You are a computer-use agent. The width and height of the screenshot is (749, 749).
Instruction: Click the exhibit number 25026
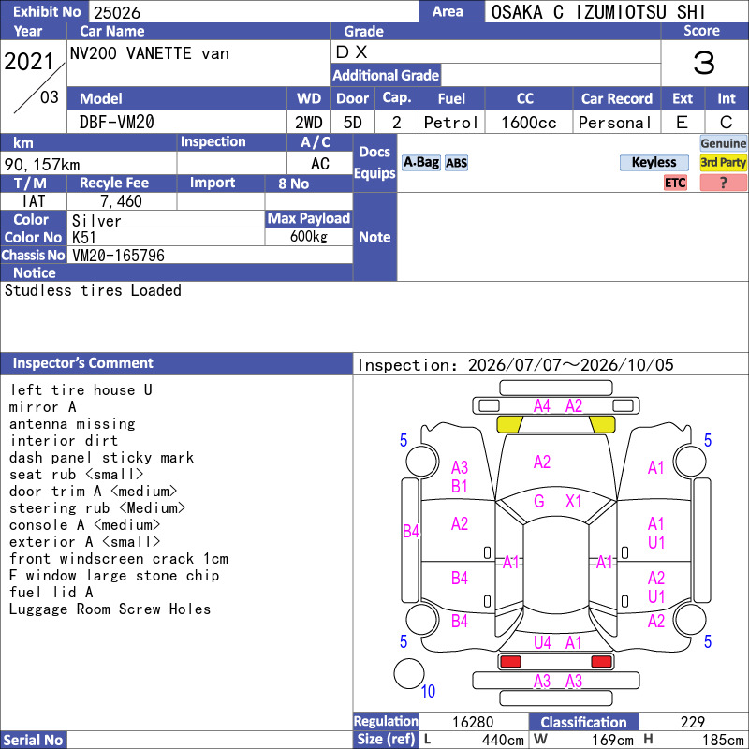tap(117, 12)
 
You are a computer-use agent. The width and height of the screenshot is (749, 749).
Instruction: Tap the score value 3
tap(704, 63)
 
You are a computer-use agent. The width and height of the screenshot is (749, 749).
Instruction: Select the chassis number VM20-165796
tap(118, 256)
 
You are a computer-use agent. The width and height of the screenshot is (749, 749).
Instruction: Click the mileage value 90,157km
tap(42, 165)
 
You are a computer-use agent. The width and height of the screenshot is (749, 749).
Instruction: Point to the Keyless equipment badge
tap(654, 162)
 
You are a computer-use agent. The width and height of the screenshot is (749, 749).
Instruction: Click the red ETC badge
tap(675, 183)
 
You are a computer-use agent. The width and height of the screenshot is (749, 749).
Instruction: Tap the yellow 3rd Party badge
tap(723, 162)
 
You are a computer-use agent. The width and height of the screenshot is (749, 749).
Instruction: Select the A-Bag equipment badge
tap(420, 162)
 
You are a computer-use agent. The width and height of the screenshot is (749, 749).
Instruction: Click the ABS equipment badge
tap(456, 163)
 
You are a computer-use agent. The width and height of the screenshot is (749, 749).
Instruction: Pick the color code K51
tap(84, 238)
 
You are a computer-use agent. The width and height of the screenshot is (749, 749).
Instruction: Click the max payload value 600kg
tap(309, 237)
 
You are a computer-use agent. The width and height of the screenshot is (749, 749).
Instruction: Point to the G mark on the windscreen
tap(539, 501)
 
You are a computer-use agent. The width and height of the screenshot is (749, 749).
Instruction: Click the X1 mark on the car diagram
tap(573, 501)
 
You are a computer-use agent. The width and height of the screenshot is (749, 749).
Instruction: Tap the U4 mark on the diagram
tap(542, 642)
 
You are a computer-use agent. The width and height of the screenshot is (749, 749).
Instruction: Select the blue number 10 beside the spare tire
tap(428, 691)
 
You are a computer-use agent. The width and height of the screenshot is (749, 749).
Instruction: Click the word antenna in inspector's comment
tap(38, 424)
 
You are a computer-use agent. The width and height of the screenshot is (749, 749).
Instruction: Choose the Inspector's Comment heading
tap(82, 363)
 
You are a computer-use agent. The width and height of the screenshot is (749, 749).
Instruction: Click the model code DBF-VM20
tap(116, 123)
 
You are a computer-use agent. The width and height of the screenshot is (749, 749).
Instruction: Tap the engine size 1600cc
tap(529, 123)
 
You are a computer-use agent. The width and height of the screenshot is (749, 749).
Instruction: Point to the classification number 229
tap(693, 722)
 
